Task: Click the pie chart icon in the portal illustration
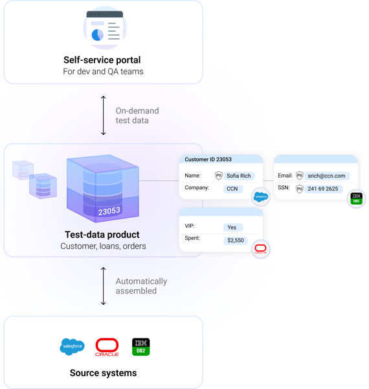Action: point(98,34)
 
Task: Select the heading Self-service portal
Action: point(102,60)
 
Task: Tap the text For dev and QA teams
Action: point(103,72)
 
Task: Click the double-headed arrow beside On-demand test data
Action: point(104,115)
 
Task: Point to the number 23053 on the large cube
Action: point(109,211)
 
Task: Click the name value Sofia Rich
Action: point(239,176)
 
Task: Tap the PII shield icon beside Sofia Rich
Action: point(219,176)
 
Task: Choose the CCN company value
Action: point(232,189)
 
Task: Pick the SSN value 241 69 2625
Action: point(323,189)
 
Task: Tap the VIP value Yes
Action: point(232,228)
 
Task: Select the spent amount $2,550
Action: point(235,240)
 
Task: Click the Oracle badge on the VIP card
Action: point(260,249)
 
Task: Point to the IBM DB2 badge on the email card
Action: point(356,198)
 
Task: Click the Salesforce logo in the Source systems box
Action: point(72,347)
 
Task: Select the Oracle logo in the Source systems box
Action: point(107,347)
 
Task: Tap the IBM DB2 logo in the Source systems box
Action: point(140,346)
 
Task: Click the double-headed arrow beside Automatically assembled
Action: point(104,286)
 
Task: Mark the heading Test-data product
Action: point(102,235)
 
